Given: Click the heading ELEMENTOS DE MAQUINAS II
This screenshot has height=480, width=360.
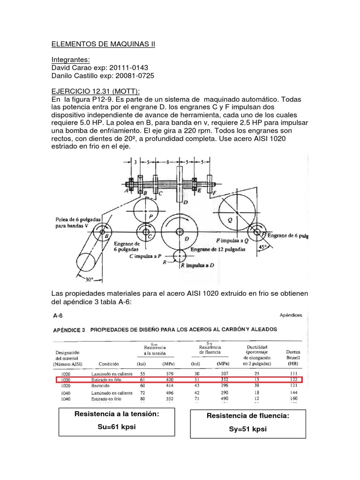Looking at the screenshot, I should pos(103,45).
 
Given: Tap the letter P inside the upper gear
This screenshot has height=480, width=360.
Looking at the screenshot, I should pos(150,217).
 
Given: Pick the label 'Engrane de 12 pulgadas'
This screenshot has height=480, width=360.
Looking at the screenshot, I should pos(218,250).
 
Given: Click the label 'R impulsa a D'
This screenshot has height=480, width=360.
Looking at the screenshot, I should pos(204,265).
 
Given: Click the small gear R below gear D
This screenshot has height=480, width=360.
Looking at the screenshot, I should pos(179,255).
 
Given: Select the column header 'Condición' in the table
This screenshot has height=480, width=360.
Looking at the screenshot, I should pos(109,363).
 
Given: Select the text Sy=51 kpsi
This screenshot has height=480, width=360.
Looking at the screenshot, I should pos(248,429).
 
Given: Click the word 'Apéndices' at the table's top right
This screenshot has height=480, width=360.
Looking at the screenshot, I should pos(293,315).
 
